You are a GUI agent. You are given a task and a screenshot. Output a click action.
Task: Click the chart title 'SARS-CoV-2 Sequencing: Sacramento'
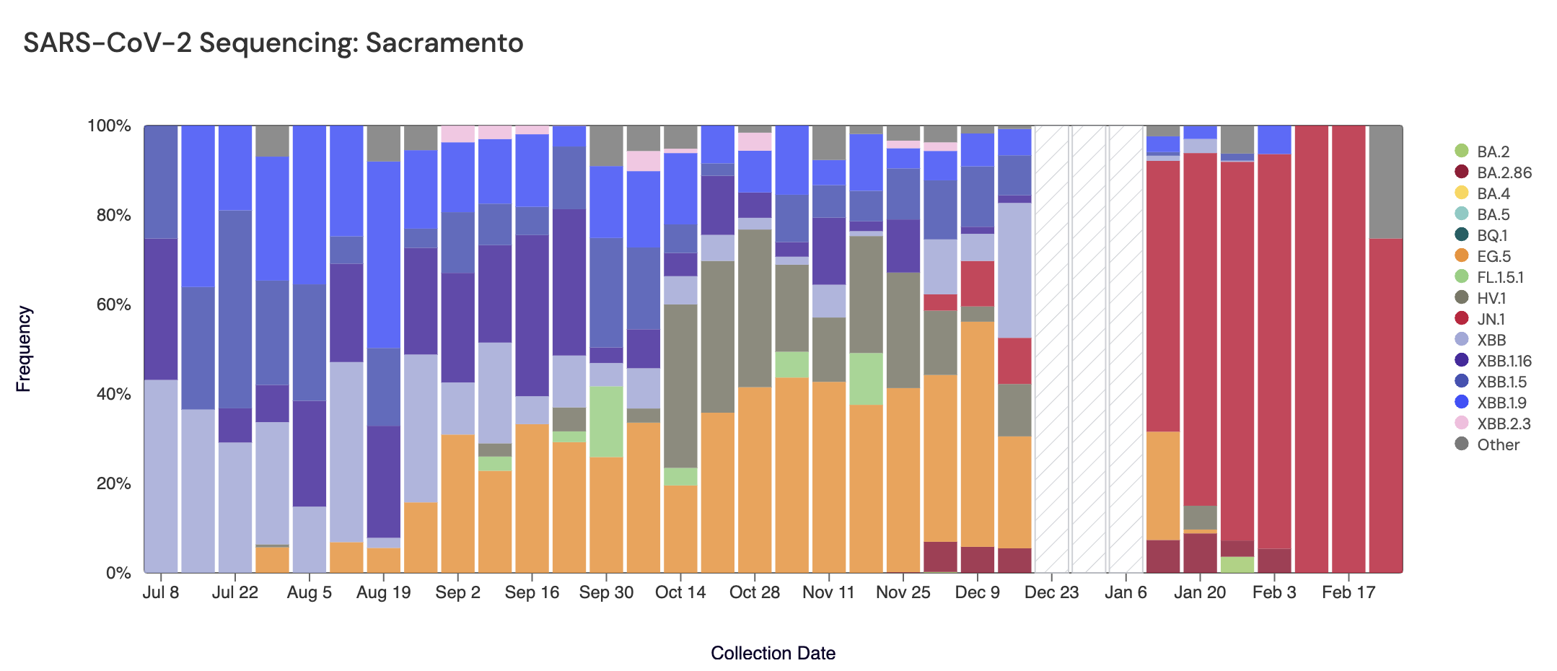(273, 43)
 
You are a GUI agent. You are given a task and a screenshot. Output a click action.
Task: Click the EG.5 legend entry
(1493, 256)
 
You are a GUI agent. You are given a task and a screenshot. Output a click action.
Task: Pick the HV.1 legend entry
(1491, 298)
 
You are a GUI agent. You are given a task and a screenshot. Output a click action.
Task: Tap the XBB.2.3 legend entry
(1503, 424)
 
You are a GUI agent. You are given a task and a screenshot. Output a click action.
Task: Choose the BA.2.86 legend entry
(1504, 172)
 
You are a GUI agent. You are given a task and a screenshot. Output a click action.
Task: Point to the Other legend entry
(1497, 444)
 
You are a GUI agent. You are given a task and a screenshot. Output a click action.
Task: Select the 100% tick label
(109, 126)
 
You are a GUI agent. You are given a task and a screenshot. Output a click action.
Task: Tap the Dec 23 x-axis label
(1051, 592)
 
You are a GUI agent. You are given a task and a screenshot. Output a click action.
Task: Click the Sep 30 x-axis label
(606, 592)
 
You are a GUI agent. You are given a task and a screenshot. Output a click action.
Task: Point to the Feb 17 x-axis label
(1348, 592)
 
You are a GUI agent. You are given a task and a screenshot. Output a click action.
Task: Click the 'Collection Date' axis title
(773, 653)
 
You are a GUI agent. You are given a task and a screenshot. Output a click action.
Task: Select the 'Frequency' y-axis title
(24, 348)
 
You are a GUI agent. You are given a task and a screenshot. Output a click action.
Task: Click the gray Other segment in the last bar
(1385, 182)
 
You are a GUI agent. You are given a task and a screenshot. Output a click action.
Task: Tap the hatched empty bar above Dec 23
(1051, 348)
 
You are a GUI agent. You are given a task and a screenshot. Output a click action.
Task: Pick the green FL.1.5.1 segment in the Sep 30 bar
(606, 421)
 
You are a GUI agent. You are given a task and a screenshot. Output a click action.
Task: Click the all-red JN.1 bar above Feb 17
(1348, 348)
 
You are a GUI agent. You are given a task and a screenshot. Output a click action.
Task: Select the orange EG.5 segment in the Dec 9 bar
(977, 434)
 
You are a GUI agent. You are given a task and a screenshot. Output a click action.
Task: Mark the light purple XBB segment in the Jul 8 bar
(161, 476)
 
